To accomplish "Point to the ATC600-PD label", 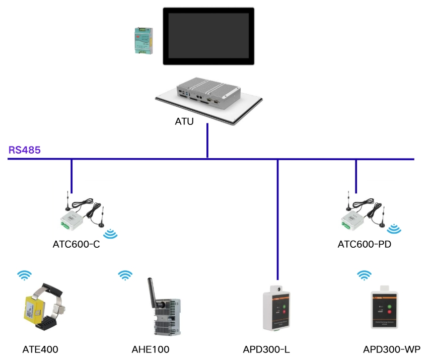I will [365, 246].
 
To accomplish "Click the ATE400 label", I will [37, 349].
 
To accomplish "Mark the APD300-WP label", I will [392, 349].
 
